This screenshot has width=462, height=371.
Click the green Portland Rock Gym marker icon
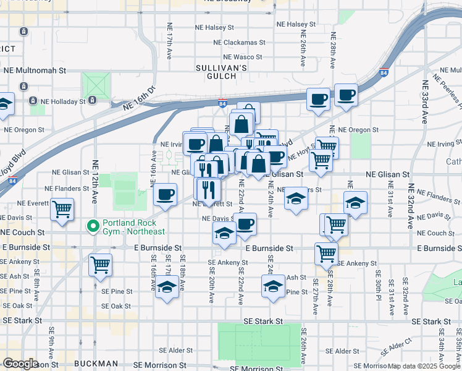click(93, 226)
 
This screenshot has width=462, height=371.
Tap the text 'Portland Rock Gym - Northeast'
click(134, 227)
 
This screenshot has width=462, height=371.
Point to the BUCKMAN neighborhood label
click(95, 364)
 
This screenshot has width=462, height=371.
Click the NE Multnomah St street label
click(35, 71)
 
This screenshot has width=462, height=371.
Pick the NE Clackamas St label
click(239, 43)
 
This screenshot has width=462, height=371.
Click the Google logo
click(20, 364)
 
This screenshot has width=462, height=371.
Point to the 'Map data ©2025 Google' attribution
click(424, 366)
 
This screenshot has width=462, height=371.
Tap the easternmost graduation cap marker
click(355, 203)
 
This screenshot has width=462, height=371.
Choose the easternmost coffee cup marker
click(346, 95)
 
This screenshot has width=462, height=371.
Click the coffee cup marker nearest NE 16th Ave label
click(165, 194)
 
